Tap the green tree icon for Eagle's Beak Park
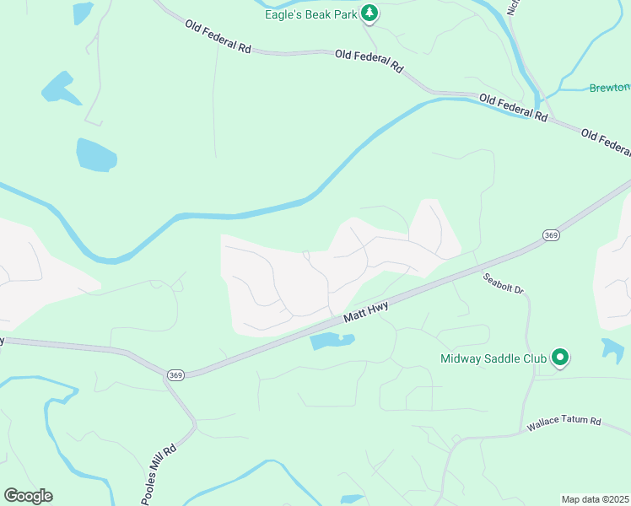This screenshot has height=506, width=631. (369, 13)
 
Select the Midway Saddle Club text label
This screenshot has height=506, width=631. (493, 358)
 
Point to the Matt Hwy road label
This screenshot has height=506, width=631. (365, 315)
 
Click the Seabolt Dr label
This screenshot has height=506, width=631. (504, 283)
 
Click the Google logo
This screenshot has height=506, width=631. (28, 495)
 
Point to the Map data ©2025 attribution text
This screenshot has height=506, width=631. (596, 499)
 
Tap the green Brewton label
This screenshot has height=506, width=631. (609, 88)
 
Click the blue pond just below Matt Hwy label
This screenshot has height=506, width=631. (332, 341)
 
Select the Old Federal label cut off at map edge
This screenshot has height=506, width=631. (606, 143)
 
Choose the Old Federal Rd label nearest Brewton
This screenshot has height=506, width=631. (512, 106)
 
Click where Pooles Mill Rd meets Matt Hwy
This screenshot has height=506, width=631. (165, 371)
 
